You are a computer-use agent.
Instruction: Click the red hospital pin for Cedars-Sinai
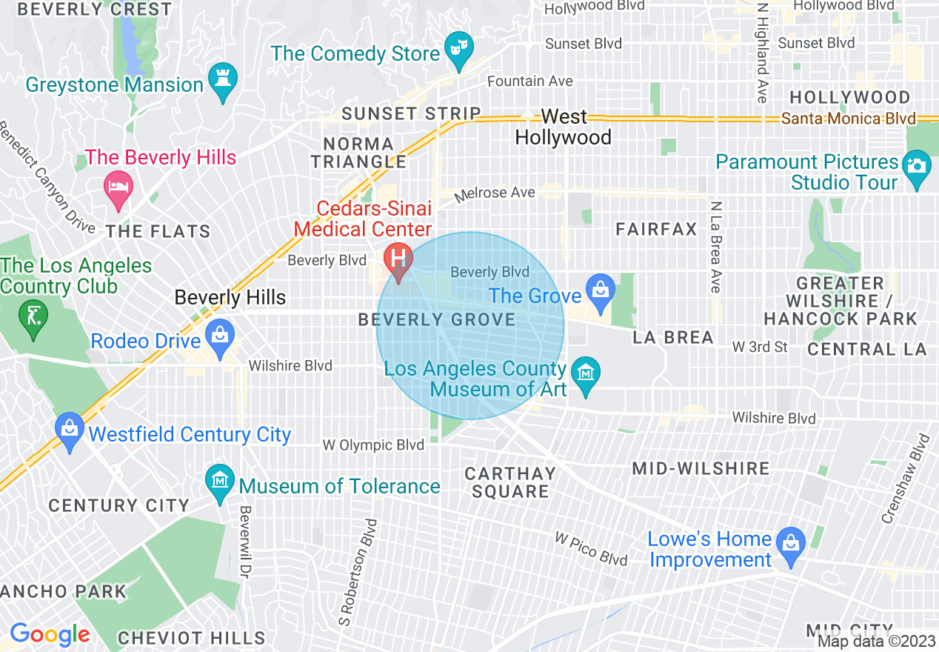pos(398,260)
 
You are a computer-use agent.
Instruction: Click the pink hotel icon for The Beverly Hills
pos(118,184)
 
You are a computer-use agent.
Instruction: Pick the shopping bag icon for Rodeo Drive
pos(219,336)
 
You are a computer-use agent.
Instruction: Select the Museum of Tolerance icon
pos(221,482)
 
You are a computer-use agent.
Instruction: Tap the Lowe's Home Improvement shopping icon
pos(790,545)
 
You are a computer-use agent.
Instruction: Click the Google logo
pos(50,635)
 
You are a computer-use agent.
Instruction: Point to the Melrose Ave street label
pos(494,193)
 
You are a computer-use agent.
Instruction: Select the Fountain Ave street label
pos(530,81)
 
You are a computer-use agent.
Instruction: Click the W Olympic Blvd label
pos(373,445)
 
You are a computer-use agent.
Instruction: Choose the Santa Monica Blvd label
pos(849,119)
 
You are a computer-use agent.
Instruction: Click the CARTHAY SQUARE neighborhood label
pos(510,482)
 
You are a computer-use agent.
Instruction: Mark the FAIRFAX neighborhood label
pos(657,230)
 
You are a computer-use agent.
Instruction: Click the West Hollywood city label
pos(564,127)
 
